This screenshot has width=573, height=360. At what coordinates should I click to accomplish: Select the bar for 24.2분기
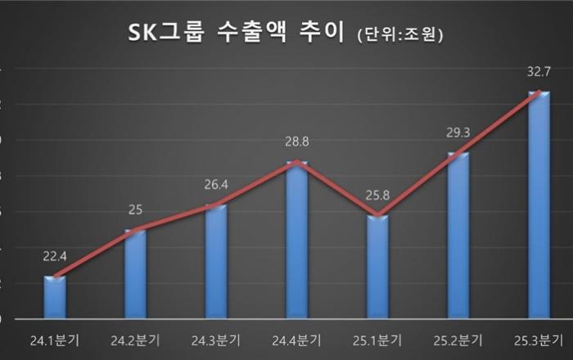tap(135, 274)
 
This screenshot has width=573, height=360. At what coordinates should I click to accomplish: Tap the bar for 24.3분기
tap(215, 262)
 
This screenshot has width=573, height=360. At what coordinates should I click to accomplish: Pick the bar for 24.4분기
tap(296, 241)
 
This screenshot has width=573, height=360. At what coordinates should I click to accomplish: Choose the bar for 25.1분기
tap(377, 267)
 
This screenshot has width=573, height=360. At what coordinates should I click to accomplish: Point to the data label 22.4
tap(55, 256)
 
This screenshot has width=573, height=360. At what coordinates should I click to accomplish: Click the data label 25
tap(135, 209)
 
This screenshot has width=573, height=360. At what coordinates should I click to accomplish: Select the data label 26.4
tap(215, 183)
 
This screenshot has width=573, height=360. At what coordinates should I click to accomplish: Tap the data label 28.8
tap(296, 142)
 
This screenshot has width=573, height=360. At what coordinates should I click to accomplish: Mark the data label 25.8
tap(377, 195)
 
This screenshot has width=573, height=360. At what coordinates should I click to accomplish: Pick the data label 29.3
tap(458, 131)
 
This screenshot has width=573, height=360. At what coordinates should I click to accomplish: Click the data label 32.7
tap(539, 72)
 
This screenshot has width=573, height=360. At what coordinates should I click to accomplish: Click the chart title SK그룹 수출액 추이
tap(238, 34)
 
